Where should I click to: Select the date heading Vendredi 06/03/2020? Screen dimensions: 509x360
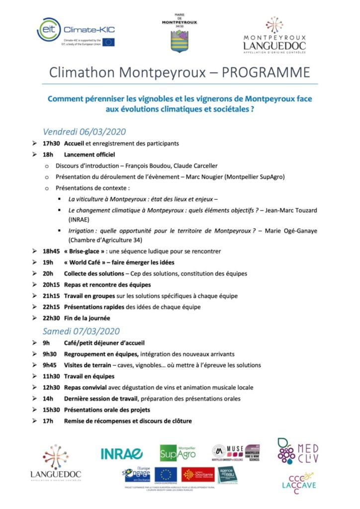[84, 132]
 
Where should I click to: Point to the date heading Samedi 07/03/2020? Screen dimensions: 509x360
[82, 331]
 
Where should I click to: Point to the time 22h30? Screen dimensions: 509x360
[51, 318]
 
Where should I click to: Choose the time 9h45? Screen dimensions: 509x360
[50, 365]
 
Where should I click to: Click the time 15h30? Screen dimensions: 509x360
[51, 410]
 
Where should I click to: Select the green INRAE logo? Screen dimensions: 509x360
[122, 453]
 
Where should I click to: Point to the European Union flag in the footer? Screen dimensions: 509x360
[166, 475]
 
